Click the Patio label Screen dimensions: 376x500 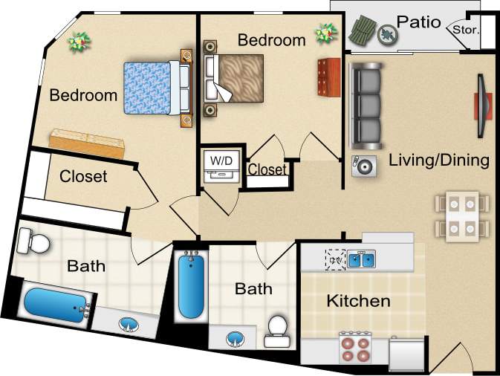[418, 21]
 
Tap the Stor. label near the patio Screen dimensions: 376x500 [466, 31]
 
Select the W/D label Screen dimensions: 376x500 [221, 160]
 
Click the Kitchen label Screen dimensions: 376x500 [359, 301]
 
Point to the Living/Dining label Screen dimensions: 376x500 [439, 160]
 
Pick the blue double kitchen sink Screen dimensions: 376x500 [363, 259]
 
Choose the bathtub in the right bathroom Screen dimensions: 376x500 [190, 285]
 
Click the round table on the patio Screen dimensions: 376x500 [386, 33]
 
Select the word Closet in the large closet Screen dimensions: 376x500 [83, 177]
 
